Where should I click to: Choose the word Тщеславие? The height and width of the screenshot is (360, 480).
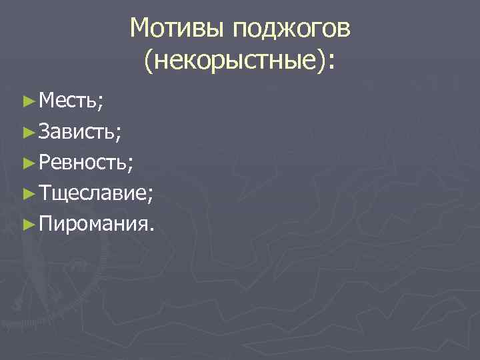click(x=93, y=193)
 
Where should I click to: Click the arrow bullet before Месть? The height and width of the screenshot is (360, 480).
click(x=27, y=101)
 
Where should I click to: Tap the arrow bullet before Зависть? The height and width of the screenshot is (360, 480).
click(x=27, y=132)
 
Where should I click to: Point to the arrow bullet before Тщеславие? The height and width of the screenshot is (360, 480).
click(x=27, y=193)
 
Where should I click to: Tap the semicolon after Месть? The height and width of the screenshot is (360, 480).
click(x=100, y=103)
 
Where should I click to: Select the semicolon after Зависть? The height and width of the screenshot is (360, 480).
click(x=118, y=134)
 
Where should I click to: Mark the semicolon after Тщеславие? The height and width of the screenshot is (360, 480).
click(x=151, y=196)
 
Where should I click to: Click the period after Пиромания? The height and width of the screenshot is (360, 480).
click(x=153, y=230)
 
